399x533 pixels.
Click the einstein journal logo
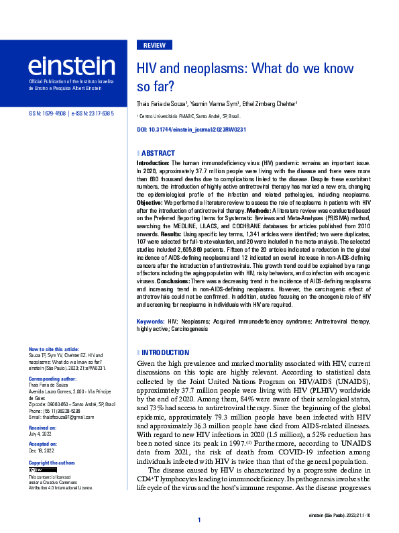click(x=71, y=65)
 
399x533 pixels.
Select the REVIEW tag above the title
click(x=154, y=46)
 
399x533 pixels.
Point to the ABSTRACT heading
click(x=158, y=154)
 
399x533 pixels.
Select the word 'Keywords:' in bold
click(x=151, y=322)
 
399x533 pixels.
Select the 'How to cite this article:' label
click(x=54, y=350)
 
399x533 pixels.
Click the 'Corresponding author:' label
click(x=53, y=379)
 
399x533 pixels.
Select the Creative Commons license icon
click(x=36, y=470)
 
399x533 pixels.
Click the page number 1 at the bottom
click(x=199, y=520)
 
